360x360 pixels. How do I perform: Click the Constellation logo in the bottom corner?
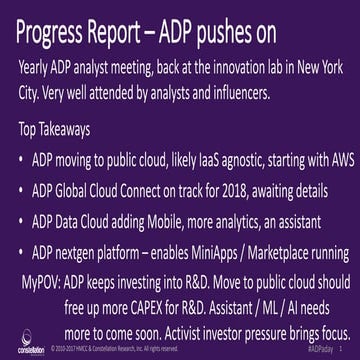pos(20,343)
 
